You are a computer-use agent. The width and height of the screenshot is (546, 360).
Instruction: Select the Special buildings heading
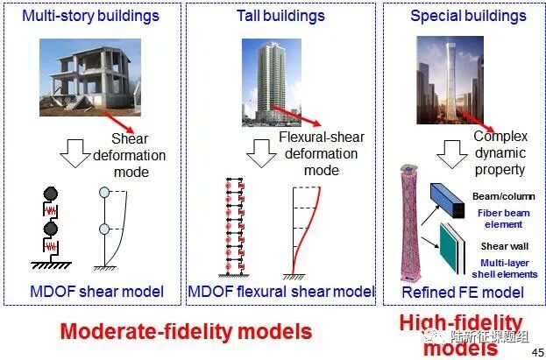pyautogui.click(x=462, y=16)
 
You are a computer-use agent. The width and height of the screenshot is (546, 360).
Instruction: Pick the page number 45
pyautogui.click(x=535, y=350)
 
